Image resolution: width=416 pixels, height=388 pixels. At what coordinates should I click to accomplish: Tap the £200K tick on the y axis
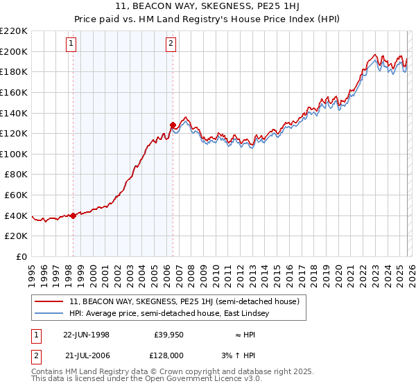[x=14, y=51]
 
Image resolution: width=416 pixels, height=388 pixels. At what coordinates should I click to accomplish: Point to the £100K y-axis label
[x=14, y=154]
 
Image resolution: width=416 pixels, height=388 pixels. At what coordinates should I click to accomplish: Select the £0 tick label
[x=21, y=256]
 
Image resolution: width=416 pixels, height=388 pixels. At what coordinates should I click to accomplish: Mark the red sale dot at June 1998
[x=73, y=215]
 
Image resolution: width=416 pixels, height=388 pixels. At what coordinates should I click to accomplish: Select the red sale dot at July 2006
[x=173, y=125]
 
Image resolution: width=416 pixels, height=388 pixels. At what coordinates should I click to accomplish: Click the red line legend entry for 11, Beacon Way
[x=184, y=301]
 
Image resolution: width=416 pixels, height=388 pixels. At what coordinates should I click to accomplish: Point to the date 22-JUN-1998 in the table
[x=86, y=335]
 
